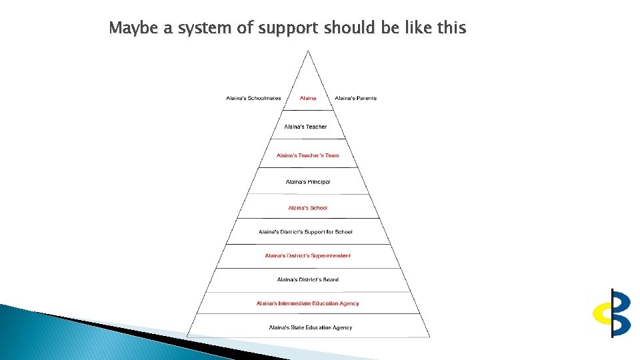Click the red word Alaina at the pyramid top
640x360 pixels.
(x=308, y=98)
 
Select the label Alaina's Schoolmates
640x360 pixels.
(x=253, y=98)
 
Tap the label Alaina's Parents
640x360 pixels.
(x=355, y=98)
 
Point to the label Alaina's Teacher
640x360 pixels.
(x=305, y=127)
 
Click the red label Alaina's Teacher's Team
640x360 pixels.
(x=308, y=155)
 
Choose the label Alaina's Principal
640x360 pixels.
(x=308, y=182)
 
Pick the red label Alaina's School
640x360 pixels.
(x=308, y=207)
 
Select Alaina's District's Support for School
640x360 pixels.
(x=305, y=232)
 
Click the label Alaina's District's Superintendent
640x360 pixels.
(x=307, y=255)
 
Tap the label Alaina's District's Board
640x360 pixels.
(x=308, y=279)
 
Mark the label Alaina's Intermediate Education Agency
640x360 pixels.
(x=307, y=303)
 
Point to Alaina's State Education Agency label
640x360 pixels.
(x=311, y=327)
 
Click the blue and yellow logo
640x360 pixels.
(x=612, y=313)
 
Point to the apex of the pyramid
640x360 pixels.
(x=308, y=51)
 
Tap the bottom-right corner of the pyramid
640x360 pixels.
(x=430, y=337)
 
